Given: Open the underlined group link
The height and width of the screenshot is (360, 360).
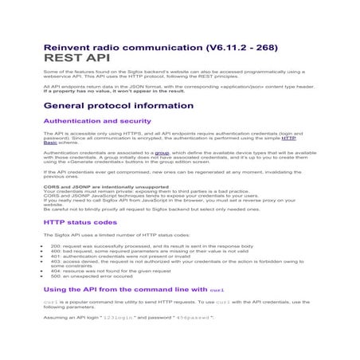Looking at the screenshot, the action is pyautogui.click(x=162, y=151).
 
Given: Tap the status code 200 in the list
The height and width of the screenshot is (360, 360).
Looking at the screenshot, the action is pyautogui.click(x=55, y=247).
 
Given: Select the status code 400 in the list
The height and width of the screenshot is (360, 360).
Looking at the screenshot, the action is pyautogui.click(x=55, y=252).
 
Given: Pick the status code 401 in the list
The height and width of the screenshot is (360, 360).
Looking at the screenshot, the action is pyautogui.click(x=55, y=257).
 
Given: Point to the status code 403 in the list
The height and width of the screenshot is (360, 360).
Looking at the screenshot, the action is pyautogui.click(x=55, y=263).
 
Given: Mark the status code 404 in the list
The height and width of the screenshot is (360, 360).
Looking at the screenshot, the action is pyautogui.click(x=55, y=272).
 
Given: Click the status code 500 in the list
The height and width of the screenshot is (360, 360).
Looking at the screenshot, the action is pyautogui.click(x=55, y=278).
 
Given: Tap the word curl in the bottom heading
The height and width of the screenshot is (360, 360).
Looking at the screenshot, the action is pyautogui.click(x=220, y=288).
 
